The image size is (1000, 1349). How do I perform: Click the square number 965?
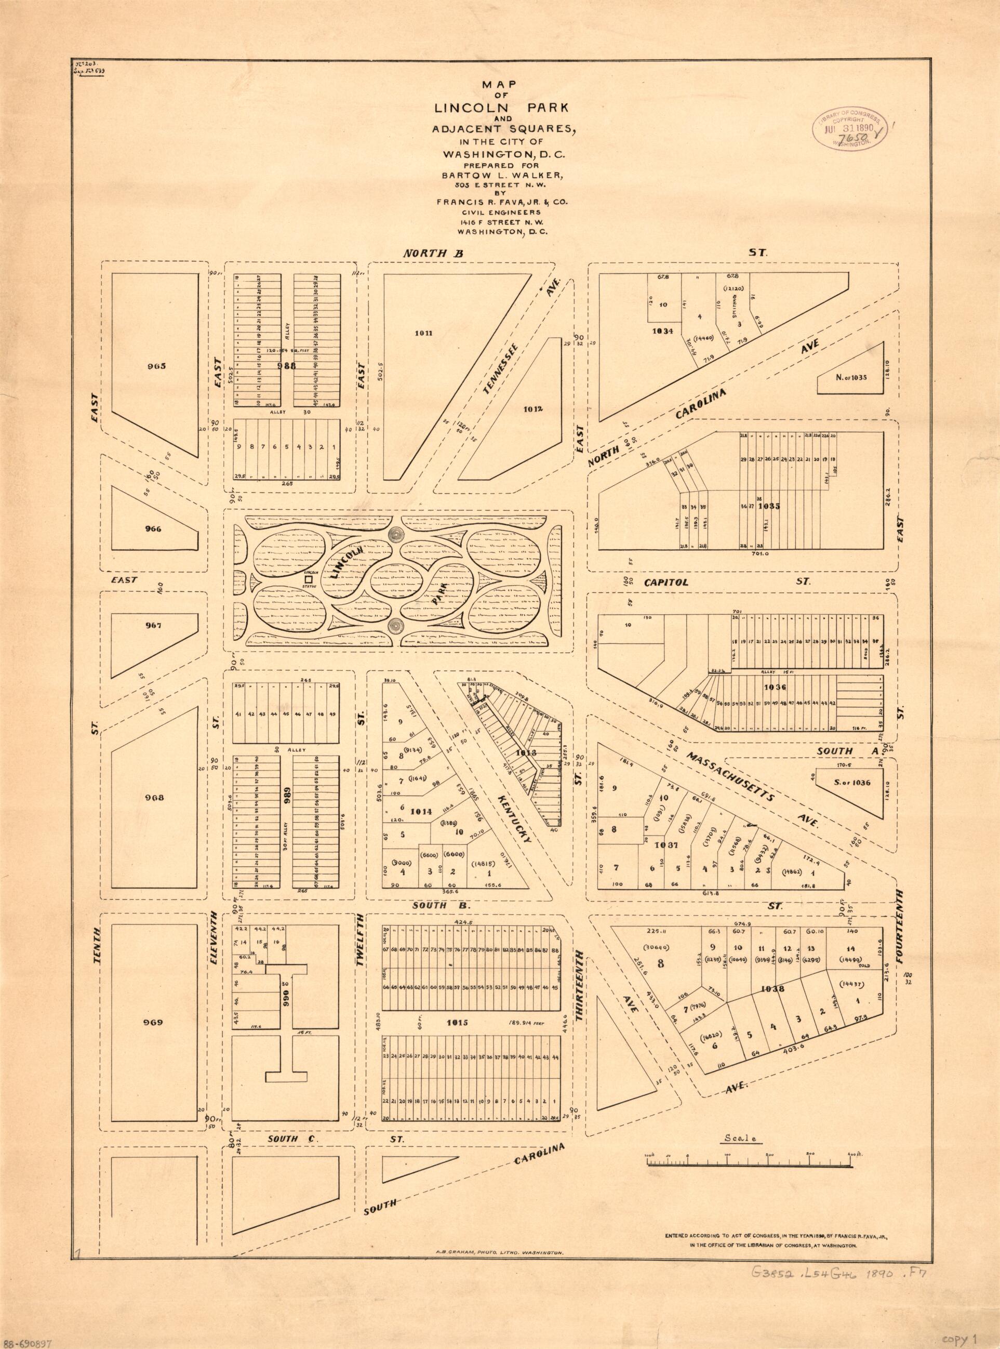pos(155,366)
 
